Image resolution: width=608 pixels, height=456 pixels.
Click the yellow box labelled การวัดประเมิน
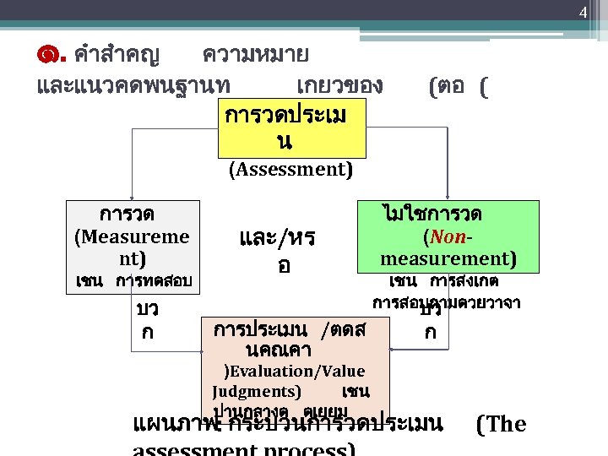coord(291,128)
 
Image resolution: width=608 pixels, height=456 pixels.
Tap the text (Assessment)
coord(290,169)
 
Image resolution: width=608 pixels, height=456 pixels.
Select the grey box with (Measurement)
coord(133,236)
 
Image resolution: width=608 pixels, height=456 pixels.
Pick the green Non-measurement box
coord(448,236)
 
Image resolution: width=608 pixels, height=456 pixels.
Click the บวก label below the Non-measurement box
coord(431,322)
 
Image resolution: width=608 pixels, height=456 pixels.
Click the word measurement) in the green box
coord(448,258)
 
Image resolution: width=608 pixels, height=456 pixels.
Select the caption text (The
coord(502,424)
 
